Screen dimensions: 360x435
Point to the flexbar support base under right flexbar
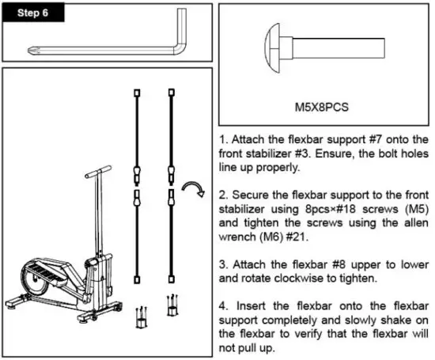[172, 306]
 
